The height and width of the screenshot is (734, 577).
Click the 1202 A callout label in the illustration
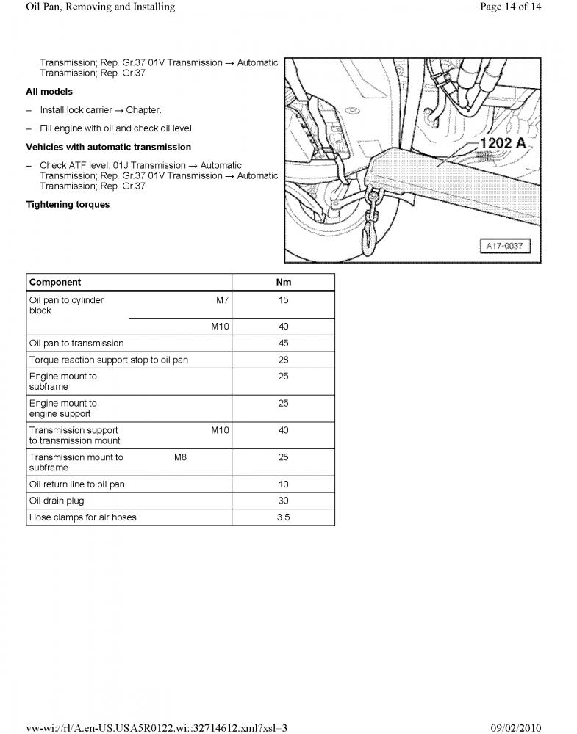click(x=503, y=142)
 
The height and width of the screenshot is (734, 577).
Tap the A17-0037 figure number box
click(x=504, y=245)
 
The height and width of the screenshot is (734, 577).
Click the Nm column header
click(x=283, y=282)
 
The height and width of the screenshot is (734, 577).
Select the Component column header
click(x=55, y=282)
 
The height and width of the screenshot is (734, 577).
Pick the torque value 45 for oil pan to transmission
click(x=283, y=343)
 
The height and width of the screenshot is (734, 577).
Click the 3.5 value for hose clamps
click(x=283, y=517)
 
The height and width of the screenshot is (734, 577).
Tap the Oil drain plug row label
click(x=57, y=501)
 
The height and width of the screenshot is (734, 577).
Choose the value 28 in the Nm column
click(x=283, y=360)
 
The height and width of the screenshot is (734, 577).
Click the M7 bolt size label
click(x=222, y=300)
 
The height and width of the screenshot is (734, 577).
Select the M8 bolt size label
click(x=180, y=457)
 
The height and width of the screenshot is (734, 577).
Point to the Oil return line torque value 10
click(x=283, y=484)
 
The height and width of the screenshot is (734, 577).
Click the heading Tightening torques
click(x=68, y=205)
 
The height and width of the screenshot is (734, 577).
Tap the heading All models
click(x=49, y=92)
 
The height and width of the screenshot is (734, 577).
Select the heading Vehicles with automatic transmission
click(x=108, y=147)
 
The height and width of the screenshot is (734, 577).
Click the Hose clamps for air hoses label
click(x=82, y=517)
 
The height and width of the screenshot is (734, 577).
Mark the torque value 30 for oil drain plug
click(x=283, y=501)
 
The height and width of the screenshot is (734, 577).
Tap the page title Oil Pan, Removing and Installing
click(x=100, y=7)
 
